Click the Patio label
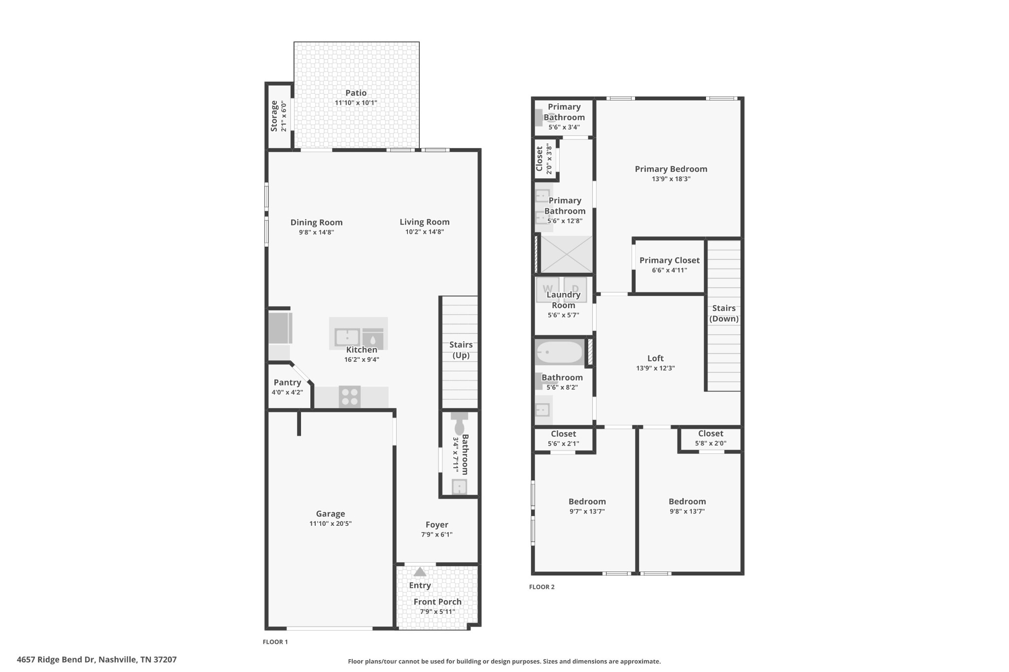(x=356, y=93)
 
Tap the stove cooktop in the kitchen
(x=350, y=397)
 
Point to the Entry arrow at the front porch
(x=420, y=572)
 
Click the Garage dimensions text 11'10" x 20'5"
(x=330, y=523)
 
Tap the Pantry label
(x=287, y=383)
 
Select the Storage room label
(x=274, y=116)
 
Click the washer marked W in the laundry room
(x=548, y=289)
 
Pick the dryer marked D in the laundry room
(x=575, y=289)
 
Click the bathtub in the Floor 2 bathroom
(x=559, y=352)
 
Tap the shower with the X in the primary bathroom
(x=567, y=255)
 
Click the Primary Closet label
(x=669, y=260)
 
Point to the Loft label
(x=655, y=358)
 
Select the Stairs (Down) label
(x=724, y=314)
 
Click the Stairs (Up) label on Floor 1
(x=461, y=350)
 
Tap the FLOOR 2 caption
(x=541, y=587)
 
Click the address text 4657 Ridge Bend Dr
(x=97, y=660)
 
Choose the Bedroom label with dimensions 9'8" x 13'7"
(x=687, y=502)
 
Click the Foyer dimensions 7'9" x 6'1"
(x=437, y=534)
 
